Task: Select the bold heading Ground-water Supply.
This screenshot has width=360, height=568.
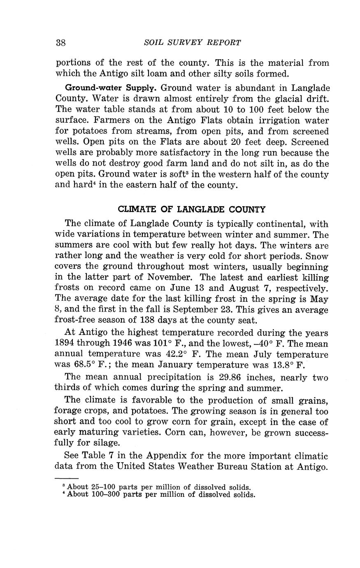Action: click(107, 88)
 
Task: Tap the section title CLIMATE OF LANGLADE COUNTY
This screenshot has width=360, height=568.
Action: click(191, 209)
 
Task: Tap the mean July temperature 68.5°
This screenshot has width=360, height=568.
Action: click(74, 365)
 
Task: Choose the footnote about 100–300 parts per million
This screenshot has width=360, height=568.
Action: click(158, 494)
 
